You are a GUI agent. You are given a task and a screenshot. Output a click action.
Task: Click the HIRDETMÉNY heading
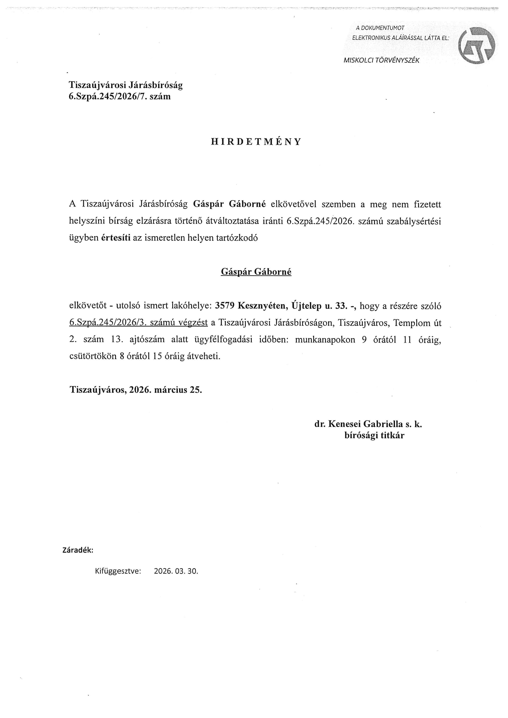click(x=256, y=142)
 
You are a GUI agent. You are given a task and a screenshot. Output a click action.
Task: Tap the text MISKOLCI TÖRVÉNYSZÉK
click(x=381, y=61)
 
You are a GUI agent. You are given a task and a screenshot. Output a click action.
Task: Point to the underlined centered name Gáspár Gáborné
click(x=256, y=272)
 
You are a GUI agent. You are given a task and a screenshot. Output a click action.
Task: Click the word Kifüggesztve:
click(x=118, y=571)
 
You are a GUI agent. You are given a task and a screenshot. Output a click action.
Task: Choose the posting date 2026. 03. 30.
click(x=176, y=571)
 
